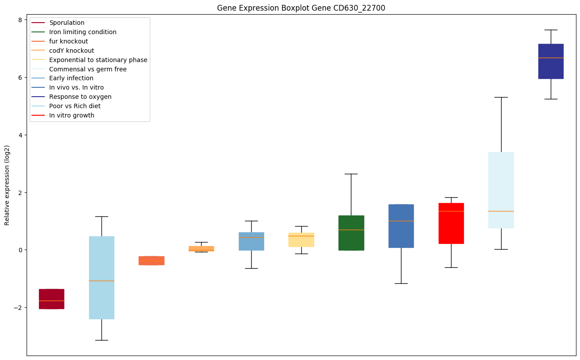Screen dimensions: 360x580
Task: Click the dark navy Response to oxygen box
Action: pyautogui.click(x=551, y=61)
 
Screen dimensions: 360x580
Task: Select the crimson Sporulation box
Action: pyautogui.click(x=51, y=299)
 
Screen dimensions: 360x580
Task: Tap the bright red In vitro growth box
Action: pyautogui.click(x=451, y=223)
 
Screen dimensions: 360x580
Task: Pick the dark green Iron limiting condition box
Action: pyautogui.click(x=351, y=233)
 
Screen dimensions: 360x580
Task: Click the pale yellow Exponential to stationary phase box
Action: pyautogui.click(x=301, y=240)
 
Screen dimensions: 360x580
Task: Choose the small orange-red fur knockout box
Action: pyautogui.click(x=152, y=261)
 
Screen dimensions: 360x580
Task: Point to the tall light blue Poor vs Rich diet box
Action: pyautogui.click(x=101, y=278)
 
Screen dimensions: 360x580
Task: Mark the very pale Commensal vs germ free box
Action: pyautogui.click(x=501, y=190)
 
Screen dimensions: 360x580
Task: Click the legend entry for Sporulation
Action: pyautogui.click(x=67, y=23)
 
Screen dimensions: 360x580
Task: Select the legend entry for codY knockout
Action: pyautogui.click(x=71, y=51)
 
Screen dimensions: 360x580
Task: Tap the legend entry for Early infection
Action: pyautogui.click(x=71, y=78)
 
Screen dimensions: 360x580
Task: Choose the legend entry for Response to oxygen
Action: pyautogui.click(x=80, y=97)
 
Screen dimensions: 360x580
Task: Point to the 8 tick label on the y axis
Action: pyautogui.click(x=20, y=20)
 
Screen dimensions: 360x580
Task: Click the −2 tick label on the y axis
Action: pyautogui.click(x=18, y=308)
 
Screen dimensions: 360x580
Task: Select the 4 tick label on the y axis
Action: pyautogui.click(x=20, y=135)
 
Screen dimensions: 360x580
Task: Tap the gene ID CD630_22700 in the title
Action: pyautogui.click(x=352, y=8)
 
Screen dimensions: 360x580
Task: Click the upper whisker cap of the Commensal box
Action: pyautogui.click(x=501, y=97)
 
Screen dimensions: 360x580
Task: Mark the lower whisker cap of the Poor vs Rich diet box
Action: pyautogui.click(x=101, y=340)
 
